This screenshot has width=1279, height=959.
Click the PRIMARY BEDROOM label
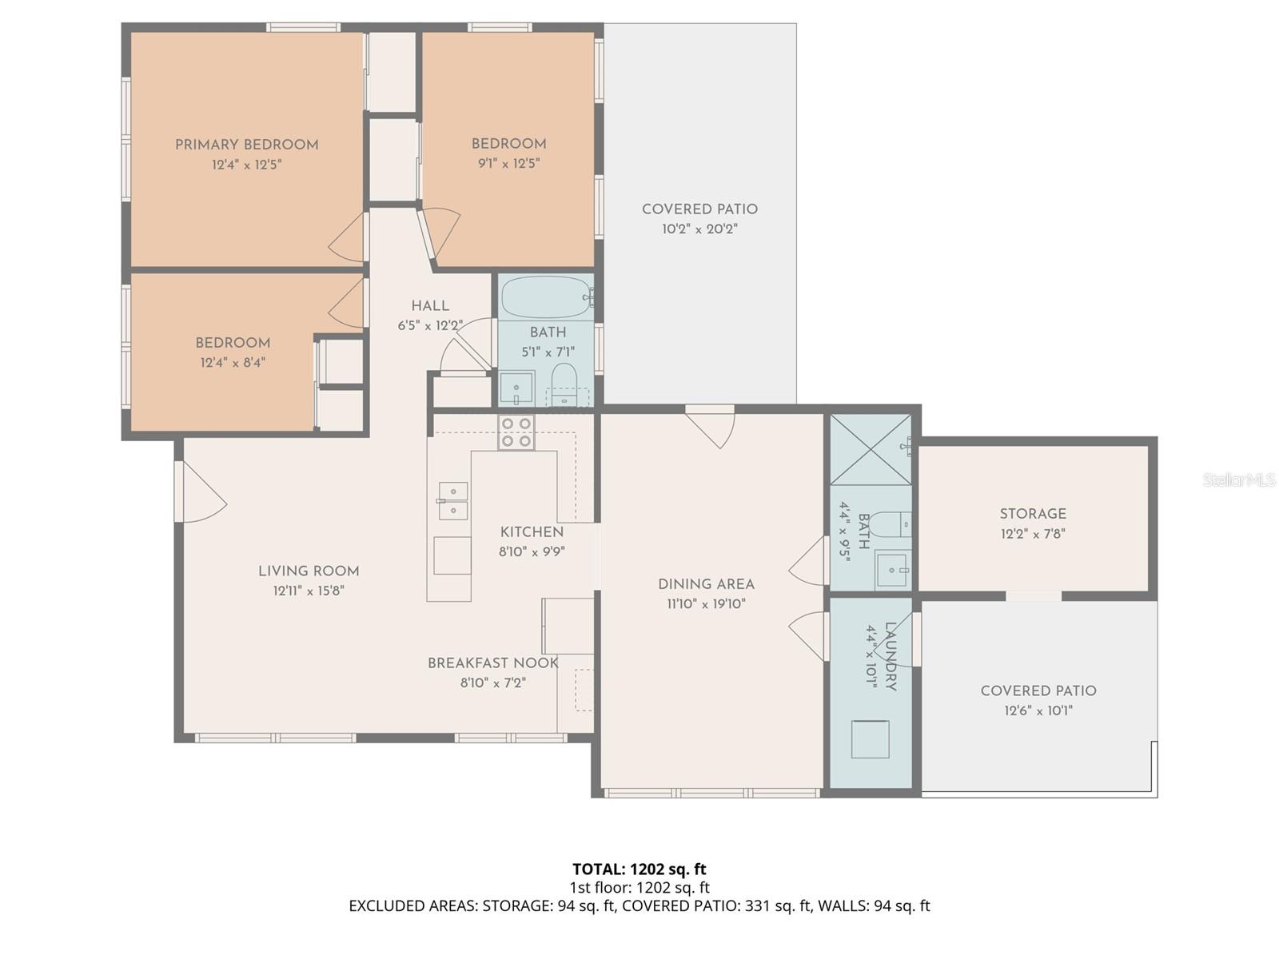246,145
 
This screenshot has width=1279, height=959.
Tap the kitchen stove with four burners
516,432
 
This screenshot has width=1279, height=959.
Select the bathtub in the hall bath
547,297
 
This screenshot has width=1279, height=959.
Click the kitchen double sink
452,500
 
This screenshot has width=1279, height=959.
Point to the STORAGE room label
1033,514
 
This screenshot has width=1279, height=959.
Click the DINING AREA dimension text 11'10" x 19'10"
706,604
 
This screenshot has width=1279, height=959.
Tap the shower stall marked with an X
871,449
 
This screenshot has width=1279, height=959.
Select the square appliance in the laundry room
870,739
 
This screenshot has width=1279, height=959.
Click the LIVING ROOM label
309,571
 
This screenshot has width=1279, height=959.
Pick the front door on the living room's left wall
201,492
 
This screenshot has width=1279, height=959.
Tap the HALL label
430,306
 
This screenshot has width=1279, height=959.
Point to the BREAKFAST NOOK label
493,663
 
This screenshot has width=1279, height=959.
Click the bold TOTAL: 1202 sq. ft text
639,869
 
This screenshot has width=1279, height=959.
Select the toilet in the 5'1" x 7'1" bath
564,384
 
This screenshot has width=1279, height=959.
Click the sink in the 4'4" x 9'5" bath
892,569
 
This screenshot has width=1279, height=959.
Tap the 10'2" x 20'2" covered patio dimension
699,229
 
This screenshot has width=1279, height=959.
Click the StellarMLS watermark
1239,479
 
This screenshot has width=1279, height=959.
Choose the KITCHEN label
532,532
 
